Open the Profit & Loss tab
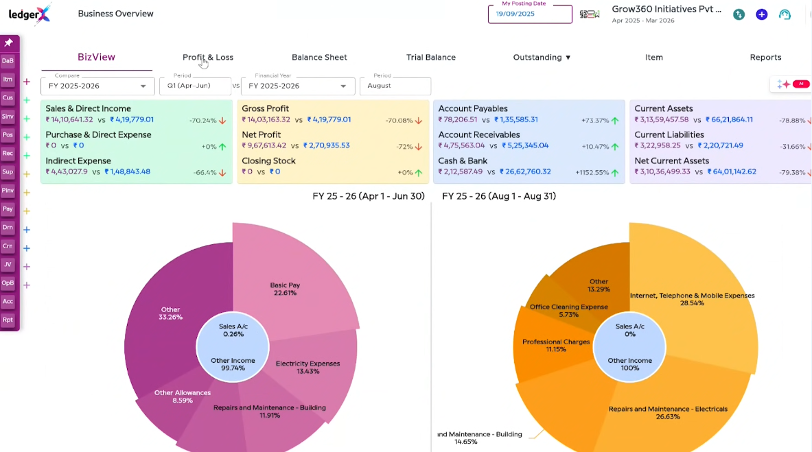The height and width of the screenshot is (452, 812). pos(208,58)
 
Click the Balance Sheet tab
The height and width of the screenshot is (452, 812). pos(319,58)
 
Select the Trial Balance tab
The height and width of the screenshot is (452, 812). pos(430,58)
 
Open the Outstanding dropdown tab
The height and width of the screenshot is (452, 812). pos(542,58)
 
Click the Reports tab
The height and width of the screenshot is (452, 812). pos(765,58)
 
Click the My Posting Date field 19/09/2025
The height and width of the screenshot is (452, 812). pos(529,14)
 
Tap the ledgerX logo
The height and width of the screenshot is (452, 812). pos(30,14)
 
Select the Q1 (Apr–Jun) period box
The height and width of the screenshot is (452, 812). pos(194,86)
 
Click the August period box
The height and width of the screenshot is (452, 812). pos(395,86)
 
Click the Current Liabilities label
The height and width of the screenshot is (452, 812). pos(669,135)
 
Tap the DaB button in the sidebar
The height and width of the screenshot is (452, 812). pos(8,60)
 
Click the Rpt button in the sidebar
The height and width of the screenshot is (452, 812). pos(8,320)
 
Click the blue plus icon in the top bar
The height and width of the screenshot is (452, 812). pos(761,14)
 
